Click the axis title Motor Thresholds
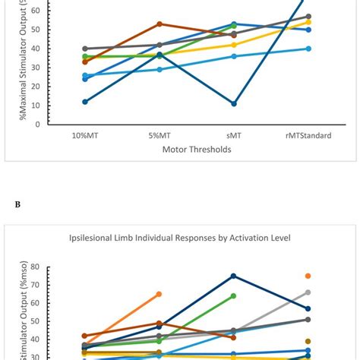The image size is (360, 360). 196,150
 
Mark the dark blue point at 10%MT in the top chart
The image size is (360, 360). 84,102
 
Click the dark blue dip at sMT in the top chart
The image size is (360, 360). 233,103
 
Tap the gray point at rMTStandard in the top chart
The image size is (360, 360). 308,16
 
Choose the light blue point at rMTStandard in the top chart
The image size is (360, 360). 308,49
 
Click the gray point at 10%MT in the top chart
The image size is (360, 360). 84,49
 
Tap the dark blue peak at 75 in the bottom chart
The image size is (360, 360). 233,276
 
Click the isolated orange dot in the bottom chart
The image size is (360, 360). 308,276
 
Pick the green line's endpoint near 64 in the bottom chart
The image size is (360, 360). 233,295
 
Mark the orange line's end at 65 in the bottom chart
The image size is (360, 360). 159,294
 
